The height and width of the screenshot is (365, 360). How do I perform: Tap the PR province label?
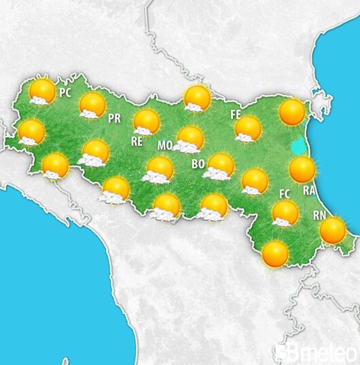pos(115,118)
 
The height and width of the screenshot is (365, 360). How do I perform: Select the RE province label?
pos(137,142)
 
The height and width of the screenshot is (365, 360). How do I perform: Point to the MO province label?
pos(164,145)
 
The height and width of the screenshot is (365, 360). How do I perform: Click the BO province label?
pos(198,164)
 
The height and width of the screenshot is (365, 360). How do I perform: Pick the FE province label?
pos(236,114)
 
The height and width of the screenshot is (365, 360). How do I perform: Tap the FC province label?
pos(285,194)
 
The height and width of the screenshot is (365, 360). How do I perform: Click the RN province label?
pos(320,215)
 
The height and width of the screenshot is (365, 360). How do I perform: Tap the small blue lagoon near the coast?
pos(297,145)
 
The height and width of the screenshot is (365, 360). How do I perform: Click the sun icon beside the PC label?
pos(42,91)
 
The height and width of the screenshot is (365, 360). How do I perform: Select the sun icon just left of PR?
pos(92,105)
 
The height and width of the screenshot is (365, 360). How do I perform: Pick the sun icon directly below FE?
pos(248,128)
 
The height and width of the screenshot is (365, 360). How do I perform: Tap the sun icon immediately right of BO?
pos(220,166)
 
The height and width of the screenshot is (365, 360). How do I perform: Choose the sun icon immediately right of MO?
pos(190,139)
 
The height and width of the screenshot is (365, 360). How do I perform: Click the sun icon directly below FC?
pos(285,213)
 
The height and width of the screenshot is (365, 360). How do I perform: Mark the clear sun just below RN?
pos(333,231)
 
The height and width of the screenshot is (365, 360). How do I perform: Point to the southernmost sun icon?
pos(275,254)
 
